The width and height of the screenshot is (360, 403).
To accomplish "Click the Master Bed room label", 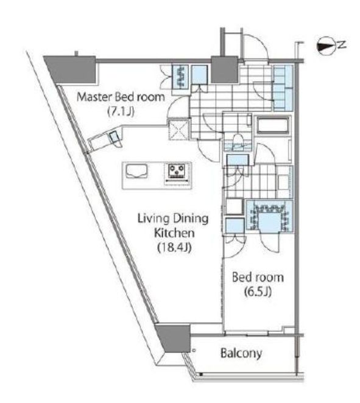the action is [x=121, y=97].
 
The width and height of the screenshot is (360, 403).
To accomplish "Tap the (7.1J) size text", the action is [x=121, y=112].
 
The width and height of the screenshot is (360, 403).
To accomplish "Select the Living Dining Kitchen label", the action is [x=173, y=226].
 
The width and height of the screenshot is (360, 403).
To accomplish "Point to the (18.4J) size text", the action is [x=174, y=247].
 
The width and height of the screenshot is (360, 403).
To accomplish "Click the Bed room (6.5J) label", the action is [x=258, y=284].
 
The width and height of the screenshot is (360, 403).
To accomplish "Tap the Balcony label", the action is [x=241, y=354].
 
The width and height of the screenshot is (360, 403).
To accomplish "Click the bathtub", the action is [x=272, y=125].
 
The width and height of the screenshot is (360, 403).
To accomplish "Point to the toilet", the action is [x=238, y=141].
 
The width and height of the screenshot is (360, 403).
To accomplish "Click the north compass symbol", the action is [x=326, y=46].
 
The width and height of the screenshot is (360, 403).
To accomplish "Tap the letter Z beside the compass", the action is [x=341, y=45].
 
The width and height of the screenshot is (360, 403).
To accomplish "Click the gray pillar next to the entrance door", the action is [x=225, y=69].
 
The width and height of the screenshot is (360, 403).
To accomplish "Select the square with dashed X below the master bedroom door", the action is [x=179, y=130].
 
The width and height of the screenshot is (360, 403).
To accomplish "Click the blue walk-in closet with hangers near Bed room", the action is [x=269, y=217].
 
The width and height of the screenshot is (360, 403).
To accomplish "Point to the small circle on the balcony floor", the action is [x=194, y=350].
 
